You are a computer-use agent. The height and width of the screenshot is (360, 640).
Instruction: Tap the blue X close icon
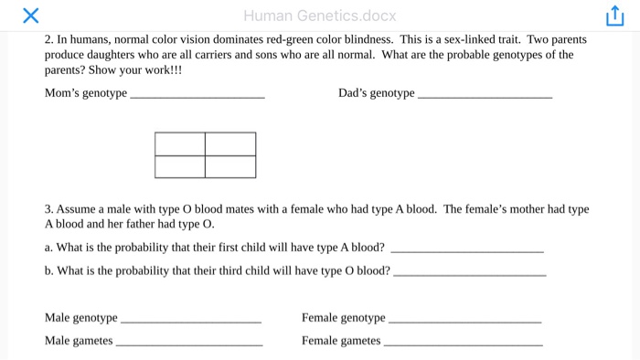point(29,16)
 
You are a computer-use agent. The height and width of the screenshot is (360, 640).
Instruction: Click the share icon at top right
point(613,16)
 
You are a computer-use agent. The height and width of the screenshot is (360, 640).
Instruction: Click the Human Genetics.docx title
point(320,16)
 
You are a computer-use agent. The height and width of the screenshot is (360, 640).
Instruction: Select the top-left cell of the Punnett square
point(180,144)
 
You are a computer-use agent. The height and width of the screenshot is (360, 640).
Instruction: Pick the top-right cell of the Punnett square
point(230,144)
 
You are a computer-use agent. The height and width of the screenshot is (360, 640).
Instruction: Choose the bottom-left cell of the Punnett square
point(180,167)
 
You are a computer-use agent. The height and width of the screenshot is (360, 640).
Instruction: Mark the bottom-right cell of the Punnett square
point(230,167)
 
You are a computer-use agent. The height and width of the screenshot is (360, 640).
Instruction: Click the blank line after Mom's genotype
point(198,94)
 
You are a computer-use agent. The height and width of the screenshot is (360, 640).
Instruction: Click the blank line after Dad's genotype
point(485,94)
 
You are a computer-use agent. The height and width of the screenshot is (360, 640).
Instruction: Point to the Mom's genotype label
point(86,93)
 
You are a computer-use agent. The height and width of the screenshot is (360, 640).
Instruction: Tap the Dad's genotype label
point(376,93)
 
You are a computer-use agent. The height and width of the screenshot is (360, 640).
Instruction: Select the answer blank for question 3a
point(466,249)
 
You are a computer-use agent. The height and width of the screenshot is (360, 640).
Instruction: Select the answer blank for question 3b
point(469,271)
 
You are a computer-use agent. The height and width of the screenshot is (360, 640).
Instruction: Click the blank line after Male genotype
point(191,320)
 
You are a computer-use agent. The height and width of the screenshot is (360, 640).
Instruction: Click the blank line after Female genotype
point(464,320)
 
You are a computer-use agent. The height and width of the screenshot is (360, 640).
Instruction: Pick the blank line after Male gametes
point(189,343)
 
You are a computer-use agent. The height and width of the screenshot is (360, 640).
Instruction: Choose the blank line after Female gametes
point(463,343)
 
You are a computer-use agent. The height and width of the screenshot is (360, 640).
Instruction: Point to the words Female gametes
point(341,341)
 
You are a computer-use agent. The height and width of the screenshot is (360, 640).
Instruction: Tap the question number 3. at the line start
point(48,209)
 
